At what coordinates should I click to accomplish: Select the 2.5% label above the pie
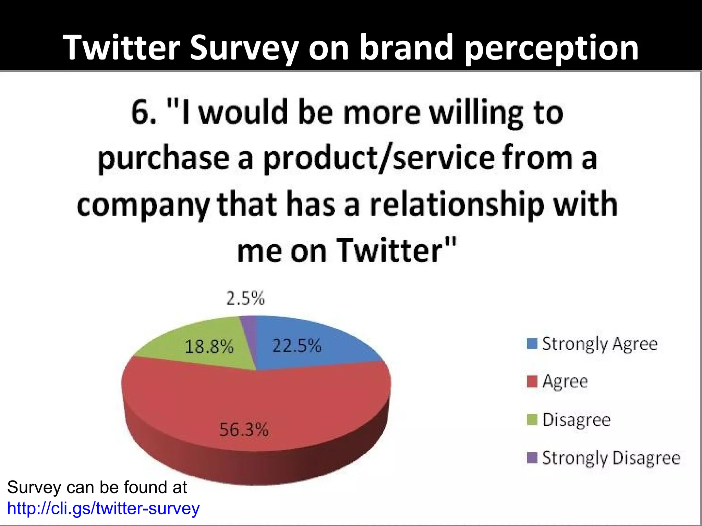245,298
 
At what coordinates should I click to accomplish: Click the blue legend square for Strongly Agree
532,344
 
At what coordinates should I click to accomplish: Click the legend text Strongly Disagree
611,458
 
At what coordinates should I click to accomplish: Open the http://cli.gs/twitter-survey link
103,509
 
